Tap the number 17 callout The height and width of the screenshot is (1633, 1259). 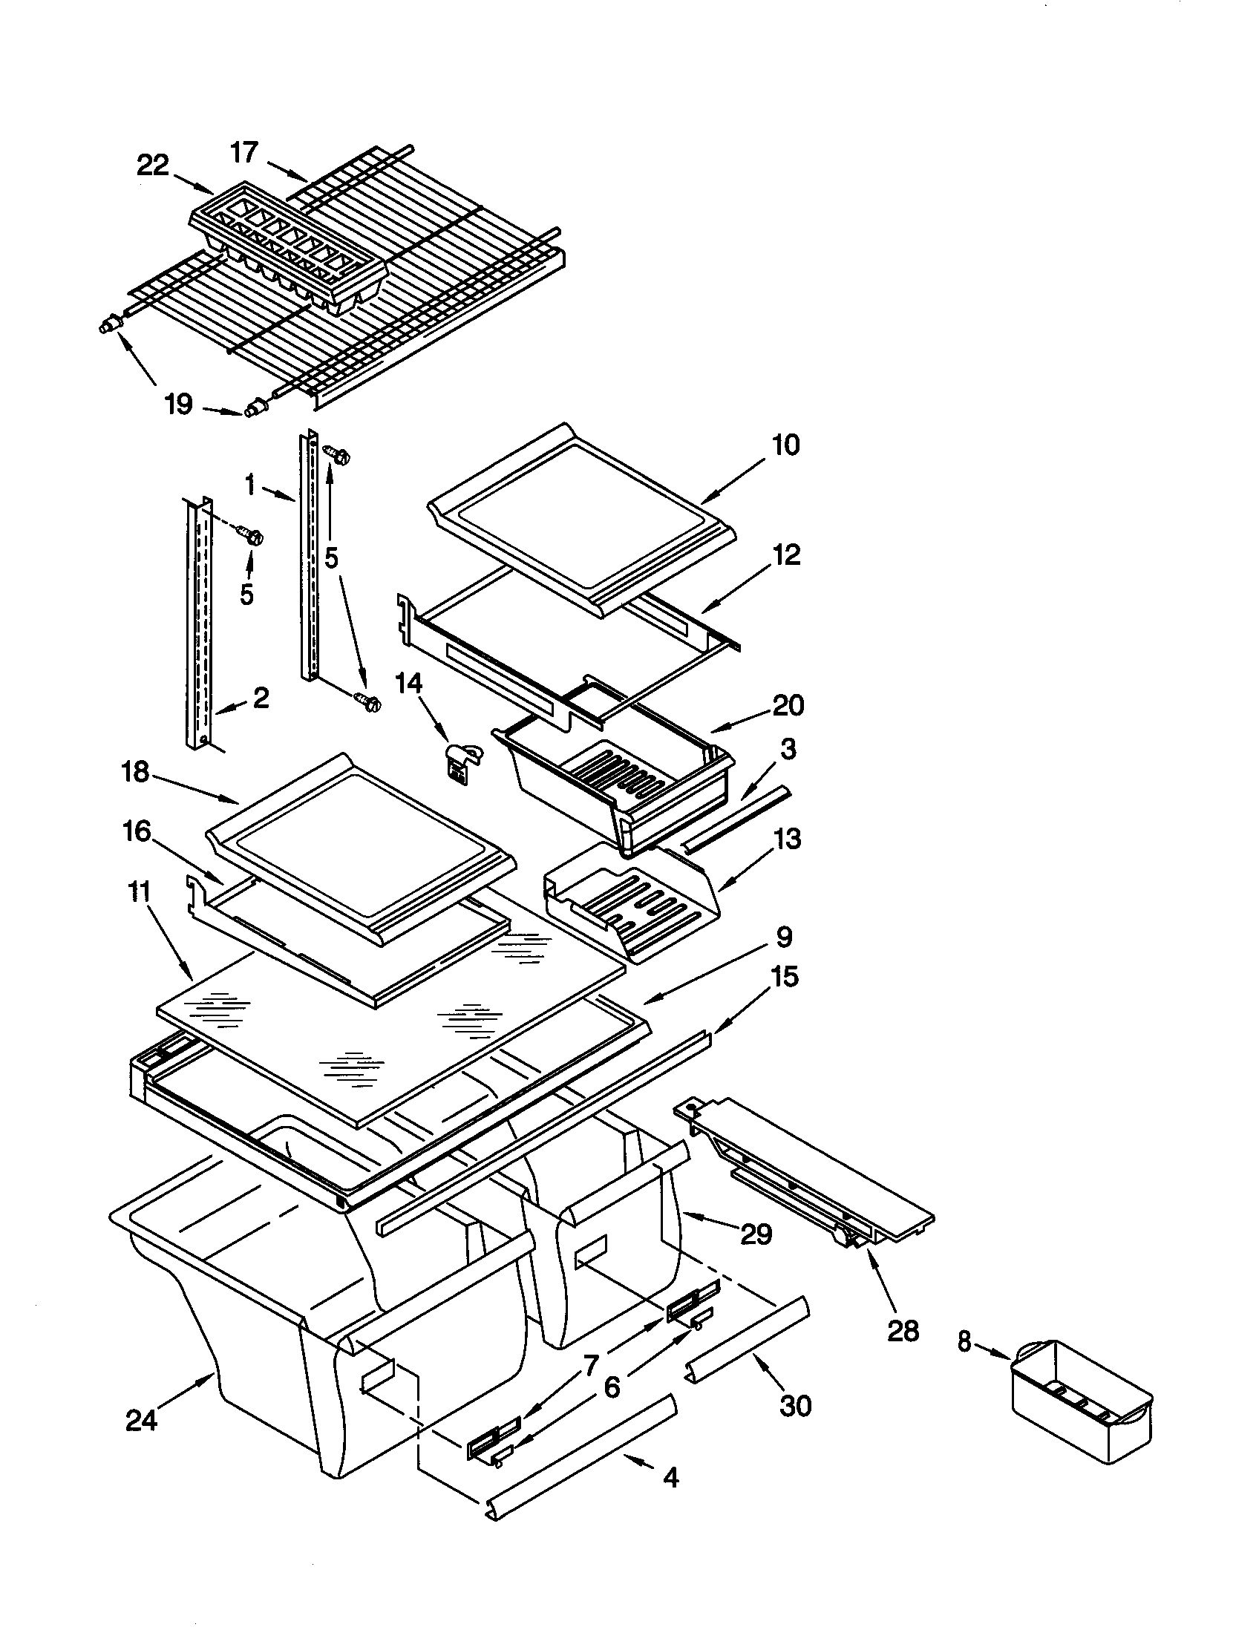243,152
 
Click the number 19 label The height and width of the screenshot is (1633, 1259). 179,405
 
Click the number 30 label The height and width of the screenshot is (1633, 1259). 796,1405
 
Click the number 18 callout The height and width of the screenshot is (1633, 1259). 135,772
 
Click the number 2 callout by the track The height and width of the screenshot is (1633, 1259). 260,698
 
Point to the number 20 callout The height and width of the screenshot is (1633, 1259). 788,705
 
